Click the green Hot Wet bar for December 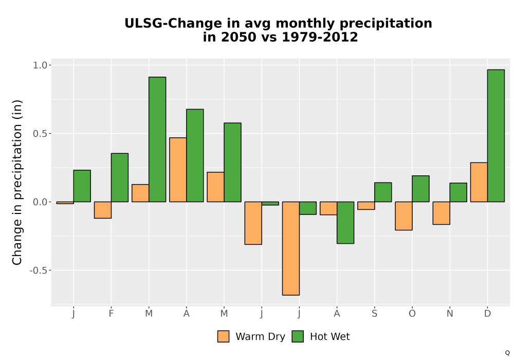(x=495, y=136)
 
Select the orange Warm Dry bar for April (x=178, y=170)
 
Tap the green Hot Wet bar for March (x=157, y=139)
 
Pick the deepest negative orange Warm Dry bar (x=291, y=248)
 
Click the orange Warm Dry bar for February (x=103, y=210)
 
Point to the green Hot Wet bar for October (x=420, y=189)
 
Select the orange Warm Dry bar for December (x=479, y=182)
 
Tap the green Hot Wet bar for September (x=383, y=192)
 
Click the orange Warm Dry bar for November (x=441, y=213)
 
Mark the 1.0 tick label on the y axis (x=40, y=65)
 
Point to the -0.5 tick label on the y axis (x=39, y=271)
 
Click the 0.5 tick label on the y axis (x=40, y=134)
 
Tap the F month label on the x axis (x=111, y=314)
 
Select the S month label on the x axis (x=374, y=314)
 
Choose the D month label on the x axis (x=487, y=314)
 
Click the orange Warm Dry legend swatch (x=223, y=336)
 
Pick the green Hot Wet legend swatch (x=298, y=336)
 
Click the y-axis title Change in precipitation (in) (x=17, y=182)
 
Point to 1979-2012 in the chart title (x=320, y=37)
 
